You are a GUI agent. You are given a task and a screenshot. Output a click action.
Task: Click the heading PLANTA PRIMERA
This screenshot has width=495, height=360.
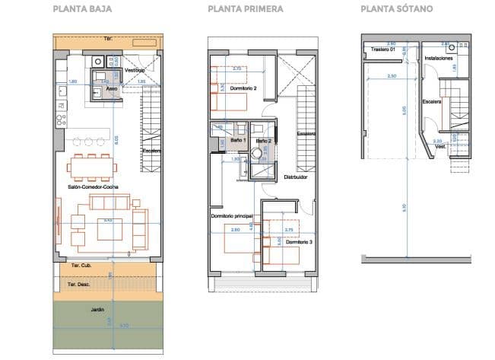click(x=246, y=10)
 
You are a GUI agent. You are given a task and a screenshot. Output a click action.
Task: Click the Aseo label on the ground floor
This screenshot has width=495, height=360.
click(x=112, y=88)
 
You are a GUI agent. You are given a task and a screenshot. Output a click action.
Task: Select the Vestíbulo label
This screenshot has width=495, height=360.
click(x=135, y=70)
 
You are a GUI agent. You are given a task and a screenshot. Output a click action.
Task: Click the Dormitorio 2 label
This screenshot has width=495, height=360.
click(x=243, y=89)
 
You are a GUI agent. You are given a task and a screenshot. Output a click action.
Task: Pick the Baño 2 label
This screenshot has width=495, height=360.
click(x=262, y=141)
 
